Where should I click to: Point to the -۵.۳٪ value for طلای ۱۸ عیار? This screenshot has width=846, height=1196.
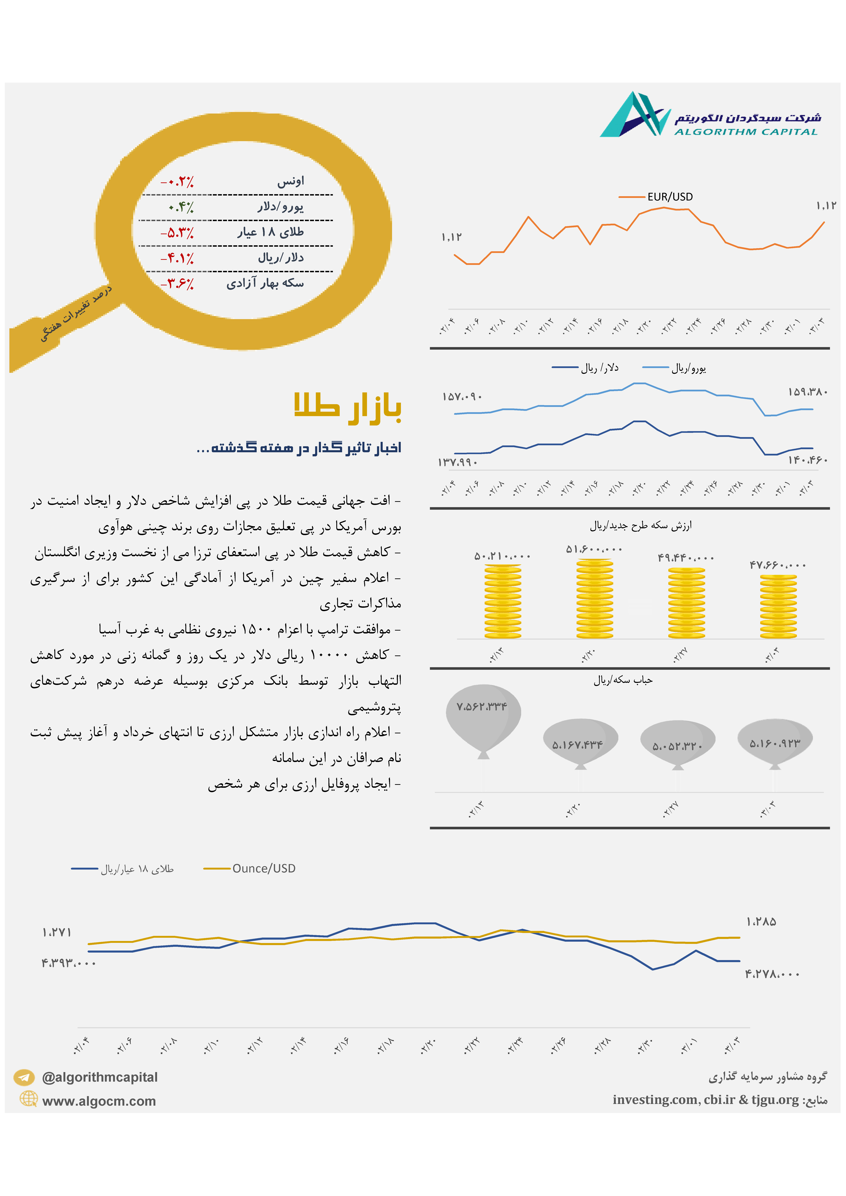(x=177, y=233)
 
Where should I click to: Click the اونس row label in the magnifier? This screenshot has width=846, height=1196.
(x=290, y=181)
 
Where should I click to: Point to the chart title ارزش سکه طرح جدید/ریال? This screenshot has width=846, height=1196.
(x=641, y=526)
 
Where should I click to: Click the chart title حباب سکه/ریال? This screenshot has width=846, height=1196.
(x=623, y=680)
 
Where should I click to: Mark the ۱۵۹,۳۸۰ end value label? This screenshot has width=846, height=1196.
(x=807, y=392)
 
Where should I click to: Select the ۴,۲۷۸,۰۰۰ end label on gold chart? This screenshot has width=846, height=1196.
(x=771, y=974)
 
